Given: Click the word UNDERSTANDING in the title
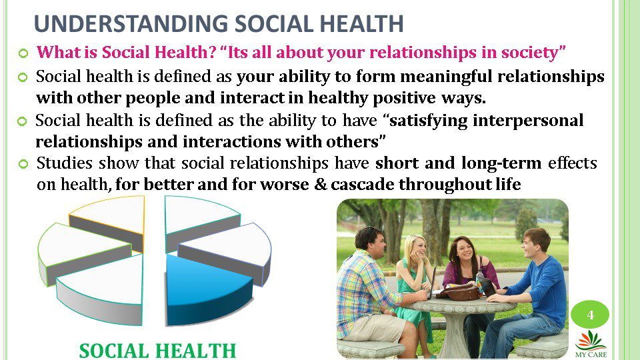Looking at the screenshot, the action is pos(131,23).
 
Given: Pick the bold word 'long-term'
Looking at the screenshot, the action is pos(501,163).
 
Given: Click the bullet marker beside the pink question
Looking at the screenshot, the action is pos(23,53).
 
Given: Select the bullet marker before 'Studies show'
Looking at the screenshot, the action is pos(23,164).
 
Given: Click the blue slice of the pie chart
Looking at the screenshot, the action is pos(204,286).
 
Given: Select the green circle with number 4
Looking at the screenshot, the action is pos(590,315).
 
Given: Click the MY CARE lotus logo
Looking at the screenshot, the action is pos(591,344).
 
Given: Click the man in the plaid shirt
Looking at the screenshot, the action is pos(371,290).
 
